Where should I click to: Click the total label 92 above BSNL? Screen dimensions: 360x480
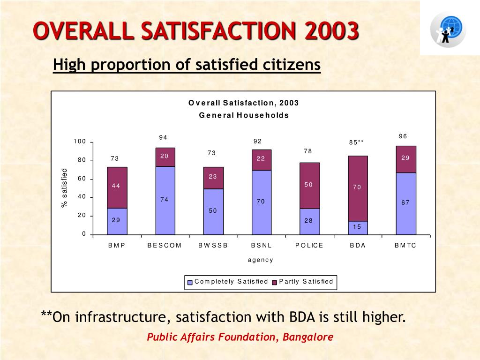click(x=257, y=142)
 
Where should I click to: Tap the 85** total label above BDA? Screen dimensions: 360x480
click(x=356, y=142)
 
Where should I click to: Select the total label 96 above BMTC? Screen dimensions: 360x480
click(x=403, y=136)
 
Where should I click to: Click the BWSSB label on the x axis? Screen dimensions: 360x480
click(x=213, y=246)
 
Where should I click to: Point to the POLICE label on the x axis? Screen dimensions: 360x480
click(x=309, y=246)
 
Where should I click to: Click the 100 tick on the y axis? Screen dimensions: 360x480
click(x=79, y=142)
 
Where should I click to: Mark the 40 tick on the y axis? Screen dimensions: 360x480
click(x=82, y=197)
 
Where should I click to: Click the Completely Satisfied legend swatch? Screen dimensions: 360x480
click(x=190, y=282)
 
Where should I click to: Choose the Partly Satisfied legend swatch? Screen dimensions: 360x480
click(x=274, y=282)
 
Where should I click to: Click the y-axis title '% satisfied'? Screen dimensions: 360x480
click(x=65, y=188)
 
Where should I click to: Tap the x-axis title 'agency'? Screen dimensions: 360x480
click(x=261, y=260)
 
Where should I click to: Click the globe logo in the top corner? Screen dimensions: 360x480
click(x=448, y=29)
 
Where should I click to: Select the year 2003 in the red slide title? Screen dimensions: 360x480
click(x=331, y=32)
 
